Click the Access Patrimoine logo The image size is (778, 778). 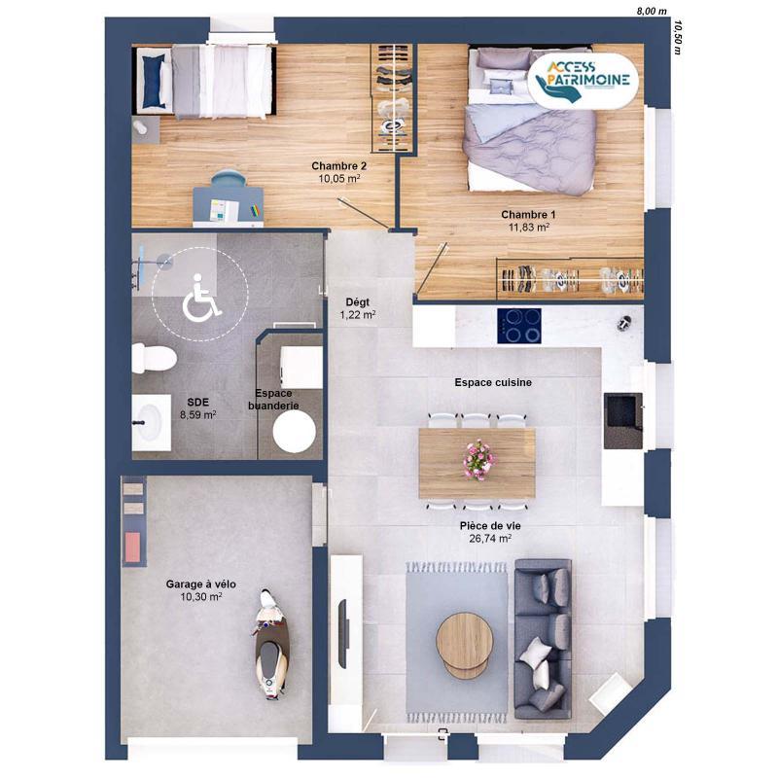[583, 78]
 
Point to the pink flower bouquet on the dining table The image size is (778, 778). [477, 459]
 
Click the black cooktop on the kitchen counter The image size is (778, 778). [519, 326]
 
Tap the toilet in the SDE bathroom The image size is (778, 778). [154, 359]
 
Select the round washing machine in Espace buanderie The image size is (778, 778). [296, 432]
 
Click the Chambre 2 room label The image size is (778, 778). [338, 166]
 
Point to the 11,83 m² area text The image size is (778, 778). [529, 228]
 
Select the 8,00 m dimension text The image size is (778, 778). [651, 11]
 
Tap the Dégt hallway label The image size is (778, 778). [357, 301]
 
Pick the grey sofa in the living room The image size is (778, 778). [543, 638]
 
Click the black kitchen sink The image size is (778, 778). [622, 420]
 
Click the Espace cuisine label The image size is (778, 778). [493, 383]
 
